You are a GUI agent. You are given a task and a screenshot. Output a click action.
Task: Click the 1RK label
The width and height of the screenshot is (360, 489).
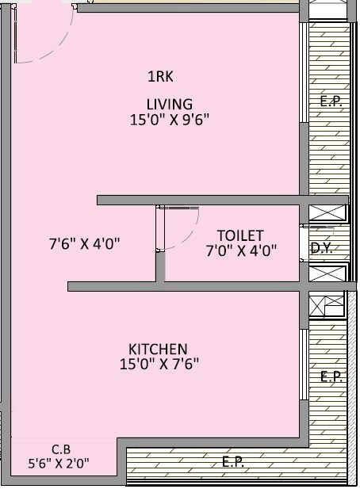coord(160,77)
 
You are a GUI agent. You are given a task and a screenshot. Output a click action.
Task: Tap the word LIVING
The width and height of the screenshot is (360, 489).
coord(169,104)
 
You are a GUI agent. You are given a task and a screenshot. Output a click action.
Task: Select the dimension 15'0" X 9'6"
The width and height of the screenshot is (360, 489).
coord(170,120)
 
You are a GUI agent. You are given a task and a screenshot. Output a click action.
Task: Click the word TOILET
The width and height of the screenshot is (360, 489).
coord(240,235)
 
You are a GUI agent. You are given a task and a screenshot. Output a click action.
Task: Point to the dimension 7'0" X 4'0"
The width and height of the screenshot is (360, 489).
coord(241,251)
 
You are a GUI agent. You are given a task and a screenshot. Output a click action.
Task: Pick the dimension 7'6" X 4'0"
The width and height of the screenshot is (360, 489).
coord(84,244)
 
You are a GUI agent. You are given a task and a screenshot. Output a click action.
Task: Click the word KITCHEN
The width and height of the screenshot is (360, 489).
coord(158,349)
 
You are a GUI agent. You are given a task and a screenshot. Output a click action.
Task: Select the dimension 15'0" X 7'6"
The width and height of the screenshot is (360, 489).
coord(158,365)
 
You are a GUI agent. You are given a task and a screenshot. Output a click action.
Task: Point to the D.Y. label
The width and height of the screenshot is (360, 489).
coord(320,248)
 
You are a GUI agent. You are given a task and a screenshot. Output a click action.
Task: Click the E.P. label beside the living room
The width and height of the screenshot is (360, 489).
coord(329,102)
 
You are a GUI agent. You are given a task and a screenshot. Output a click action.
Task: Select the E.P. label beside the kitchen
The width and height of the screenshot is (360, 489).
coord(331,377)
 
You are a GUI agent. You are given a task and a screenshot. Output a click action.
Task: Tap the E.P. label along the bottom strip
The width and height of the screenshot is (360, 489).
coord(232,462)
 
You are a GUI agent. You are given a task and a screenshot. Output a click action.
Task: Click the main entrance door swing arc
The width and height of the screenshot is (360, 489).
coord(56,48)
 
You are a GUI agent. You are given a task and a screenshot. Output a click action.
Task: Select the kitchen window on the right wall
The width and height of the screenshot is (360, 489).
coord(303,365)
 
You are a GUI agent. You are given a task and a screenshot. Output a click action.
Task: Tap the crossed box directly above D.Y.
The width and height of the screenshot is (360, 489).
coord(327,212)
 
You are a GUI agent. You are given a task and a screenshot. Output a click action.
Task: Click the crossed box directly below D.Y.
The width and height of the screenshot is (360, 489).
coord(327,273)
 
